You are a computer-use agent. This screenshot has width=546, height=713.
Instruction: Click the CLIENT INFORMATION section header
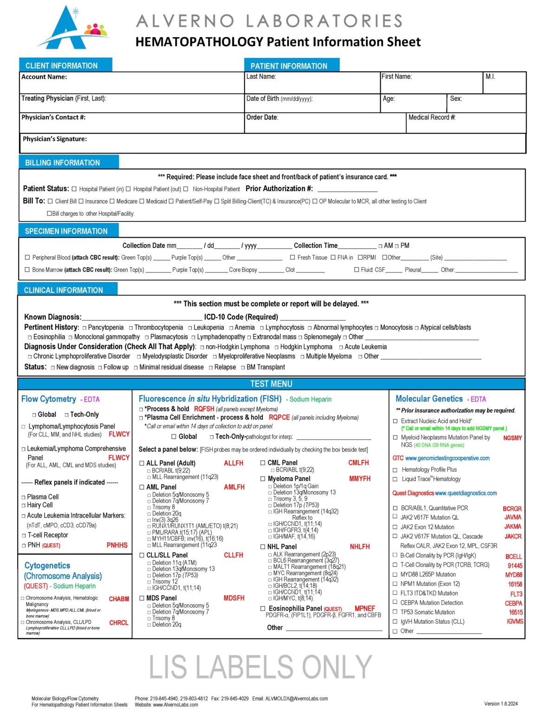point(61,65)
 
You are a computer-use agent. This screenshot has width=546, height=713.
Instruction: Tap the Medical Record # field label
point(431,117)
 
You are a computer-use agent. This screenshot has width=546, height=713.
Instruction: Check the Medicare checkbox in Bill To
point(112,201)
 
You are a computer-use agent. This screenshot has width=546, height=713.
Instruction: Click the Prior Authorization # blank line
point(347,190)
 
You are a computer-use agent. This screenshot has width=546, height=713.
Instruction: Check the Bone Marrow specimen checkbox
point(27,270)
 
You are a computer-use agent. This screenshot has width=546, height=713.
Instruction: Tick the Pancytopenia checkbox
point(84,328)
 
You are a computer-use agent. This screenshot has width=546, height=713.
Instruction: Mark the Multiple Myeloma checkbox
point(302,356)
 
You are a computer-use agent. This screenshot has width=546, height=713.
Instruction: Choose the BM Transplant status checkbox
point(243,368)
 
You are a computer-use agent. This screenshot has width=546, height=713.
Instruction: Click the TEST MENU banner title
point(271,384)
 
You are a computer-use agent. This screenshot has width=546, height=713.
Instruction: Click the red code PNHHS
point(117,545)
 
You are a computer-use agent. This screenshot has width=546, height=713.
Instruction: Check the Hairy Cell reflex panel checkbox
point(24,506)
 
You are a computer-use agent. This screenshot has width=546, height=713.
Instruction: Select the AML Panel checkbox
point(142,487)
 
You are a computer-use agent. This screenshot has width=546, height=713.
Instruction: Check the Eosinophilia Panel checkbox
point(263,609)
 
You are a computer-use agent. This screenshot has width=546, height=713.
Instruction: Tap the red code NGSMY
point(512,438)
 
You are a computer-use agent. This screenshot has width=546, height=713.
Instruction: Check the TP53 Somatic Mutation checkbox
point(395,613)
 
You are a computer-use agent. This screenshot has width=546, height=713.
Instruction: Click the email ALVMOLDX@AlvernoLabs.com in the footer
point(296,698)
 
